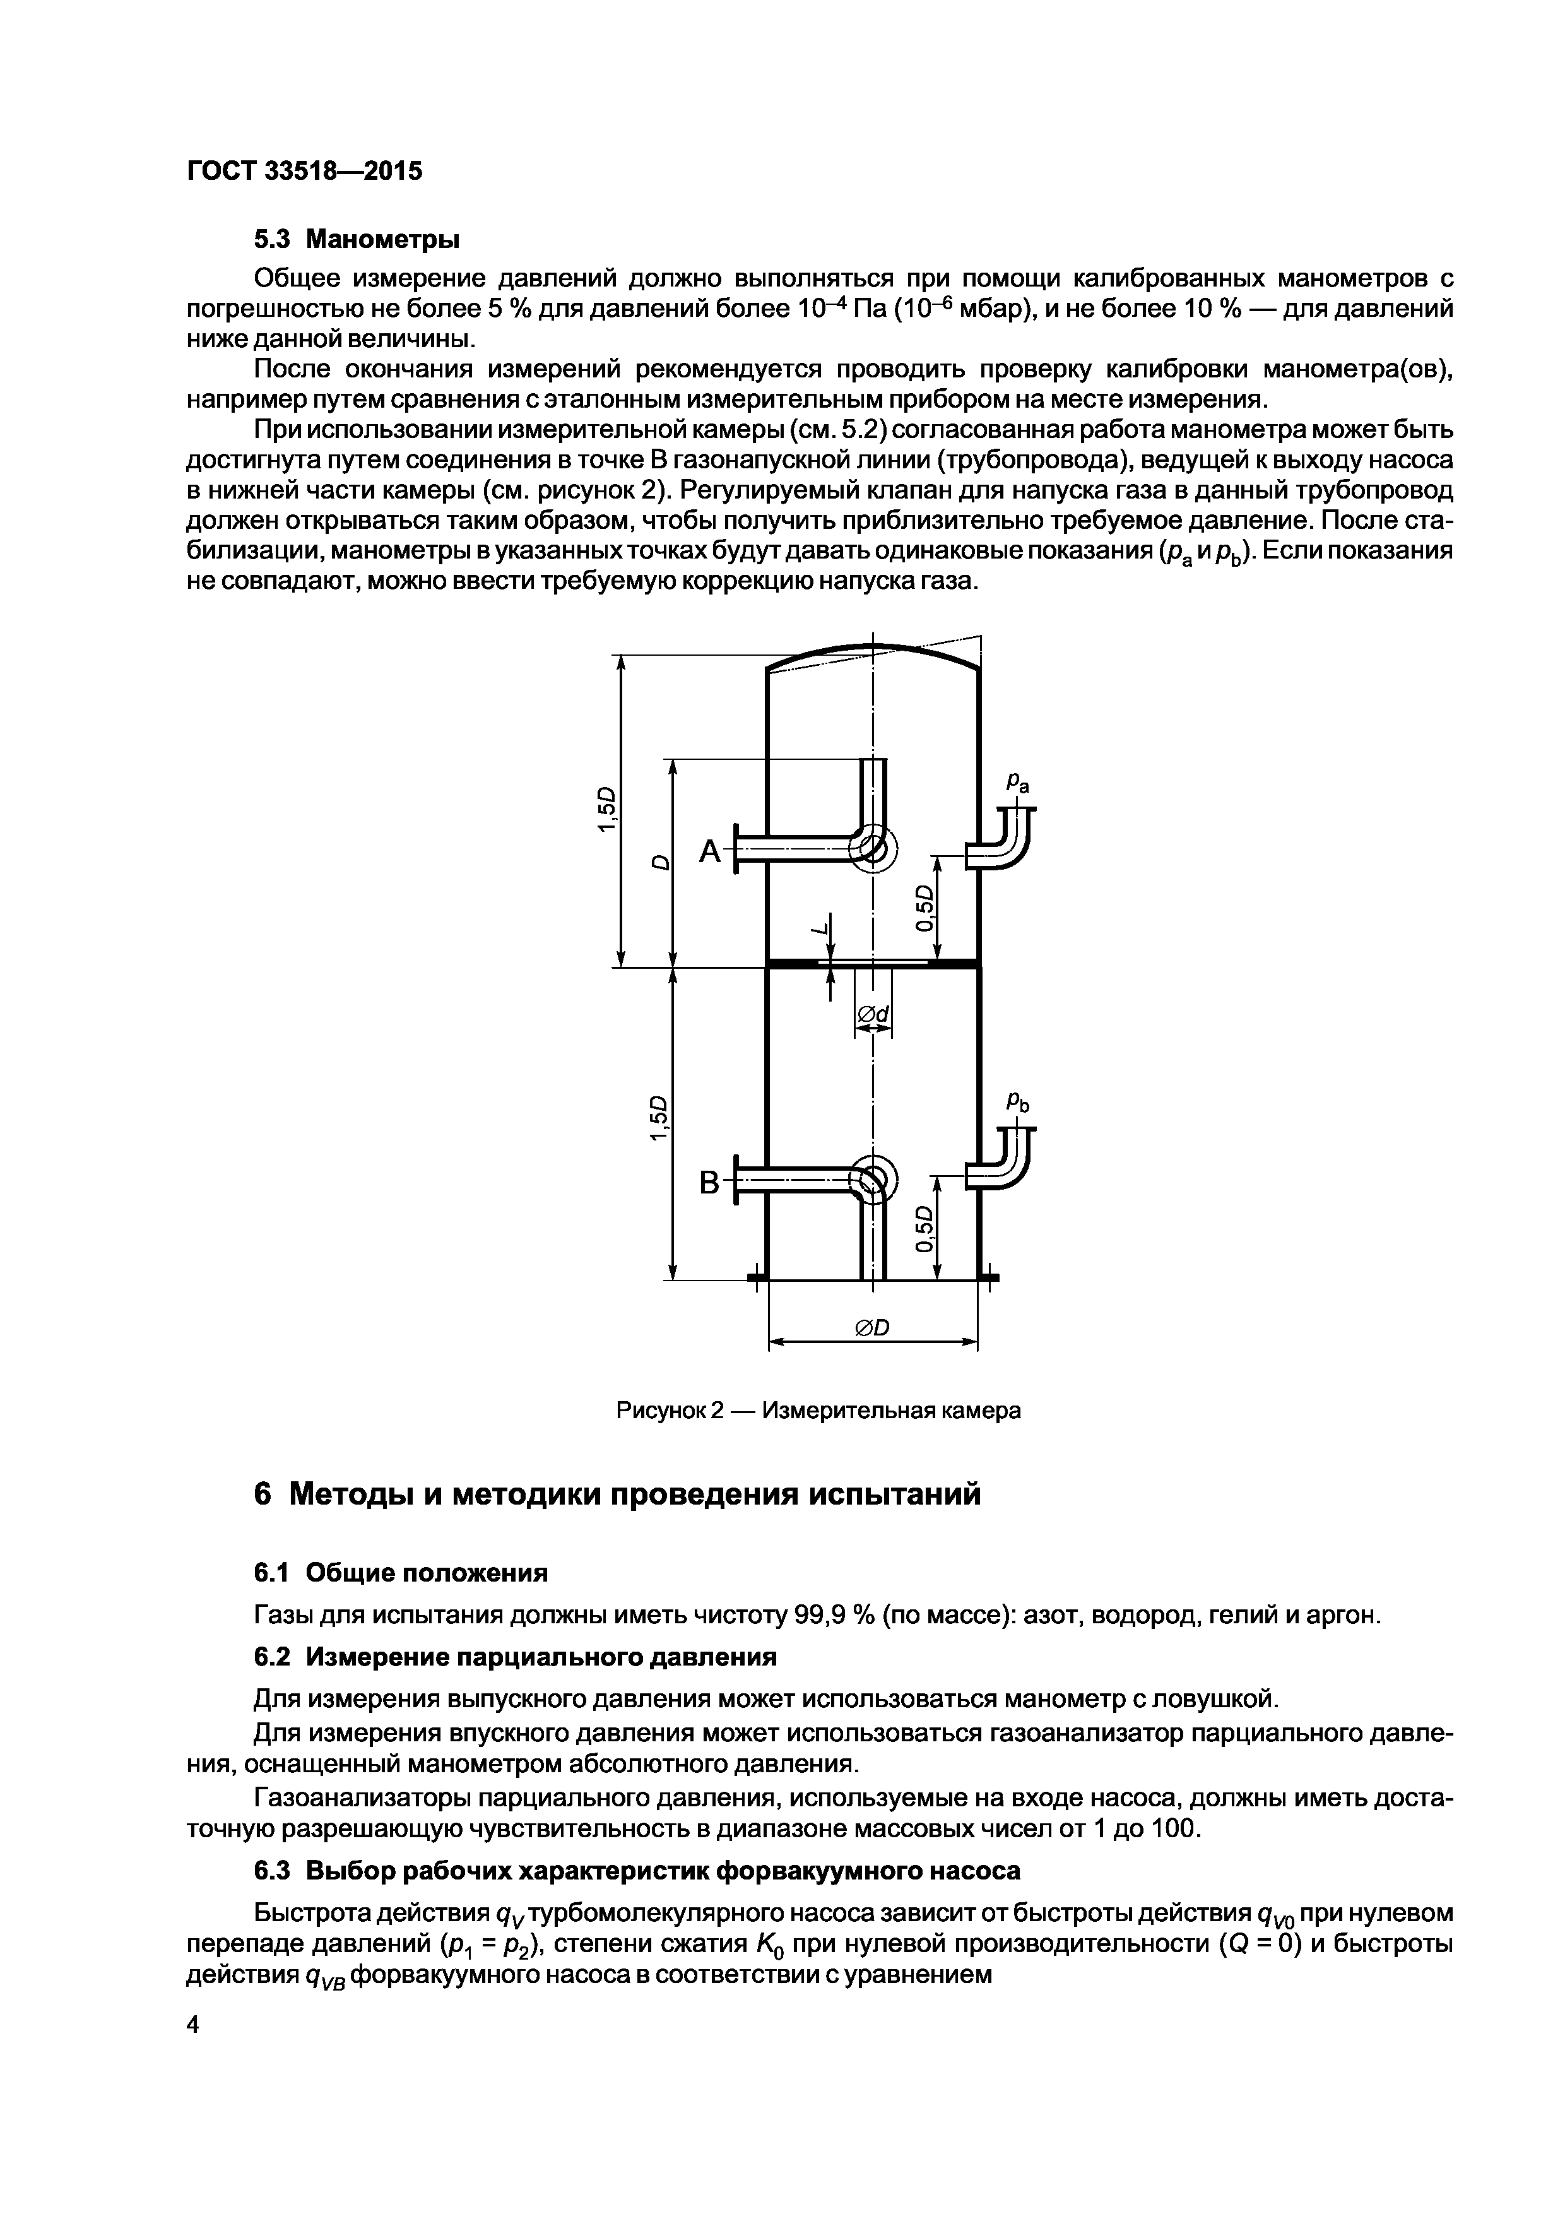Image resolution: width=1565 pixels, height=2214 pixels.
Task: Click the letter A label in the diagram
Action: point(710,851)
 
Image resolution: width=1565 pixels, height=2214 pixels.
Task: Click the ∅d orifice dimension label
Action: point(873,1014)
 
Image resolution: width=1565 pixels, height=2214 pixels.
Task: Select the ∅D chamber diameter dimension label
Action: point(873,1328)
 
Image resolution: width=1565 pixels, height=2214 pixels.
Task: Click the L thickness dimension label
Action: point(820,930)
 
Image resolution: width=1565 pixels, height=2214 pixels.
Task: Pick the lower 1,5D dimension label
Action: point(659,1118)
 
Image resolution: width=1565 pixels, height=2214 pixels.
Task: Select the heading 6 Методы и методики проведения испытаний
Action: point(617,1494)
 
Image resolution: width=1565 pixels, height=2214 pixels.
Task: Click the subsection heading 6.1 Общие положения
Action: point(400,1573)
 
